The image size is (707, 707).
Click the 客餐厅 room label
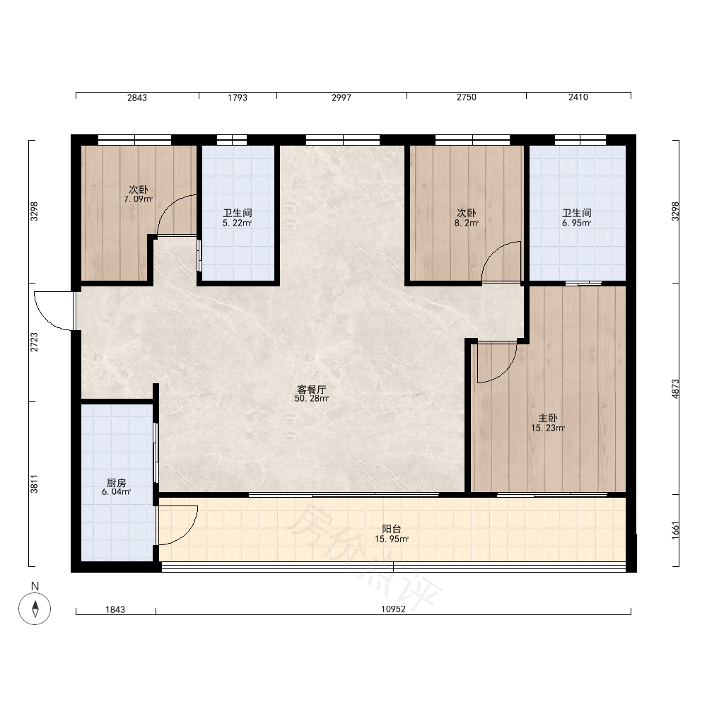(x=311, y=390)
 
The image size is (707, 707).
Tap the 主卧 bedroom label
(x=547, y=419)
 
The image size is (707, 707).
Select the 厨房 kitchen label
(x=117, y=483)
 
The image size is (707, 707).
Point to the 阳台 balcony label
(x=392, y=530)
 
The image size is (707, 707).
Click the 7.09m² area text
(x=139, y=199)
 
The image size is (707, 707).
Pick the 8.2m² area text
(x=467, y=223)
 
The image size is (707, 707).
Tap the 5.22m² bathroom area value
(x=237, y=223)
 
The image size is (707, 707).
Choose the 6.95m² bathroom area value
(x=577, y=223)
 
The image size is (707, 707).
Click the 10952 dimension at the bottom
(x=393, y=609)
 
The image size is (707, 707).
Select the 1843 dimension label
(x=115, y=609)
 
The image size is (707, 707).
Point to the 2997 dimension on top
(x=341, y=98)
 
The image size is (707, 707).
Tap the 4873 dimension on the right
(x=675, y=389)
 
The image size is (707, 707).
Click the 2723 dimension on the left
(x=34, y=342)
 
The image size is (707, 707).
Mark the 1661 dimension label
(x=675, y=530)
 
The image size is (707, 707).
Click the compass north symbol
(x=35, y=609)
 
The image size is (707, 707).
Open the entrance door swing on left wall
(x=54, y=310)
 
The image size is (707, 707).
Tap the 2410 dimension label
(x=578, y=97)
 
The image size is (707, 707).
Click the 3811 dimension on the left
(x=34, y=484)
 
